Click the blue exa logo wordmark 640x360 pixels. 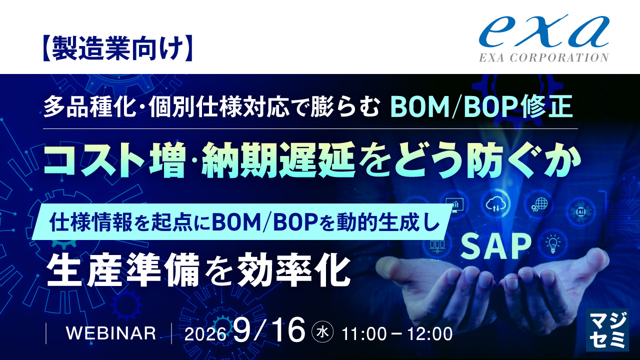[544, 31]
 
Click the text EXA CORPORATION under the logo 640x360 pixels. [543, 57]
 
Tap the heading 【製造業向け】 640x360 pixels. [117, 48]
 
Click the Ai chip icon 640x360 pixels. [581, 211]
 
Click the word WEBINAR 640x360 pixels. [111, 333]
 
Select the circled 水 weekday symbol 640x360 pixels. [322, 332]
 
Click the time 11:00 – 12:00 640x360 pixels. [397, 333]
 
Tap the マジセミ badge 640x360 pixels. [607, 330]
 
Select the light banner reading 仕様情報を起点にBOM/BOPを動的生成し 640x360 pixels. [242, 221]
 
